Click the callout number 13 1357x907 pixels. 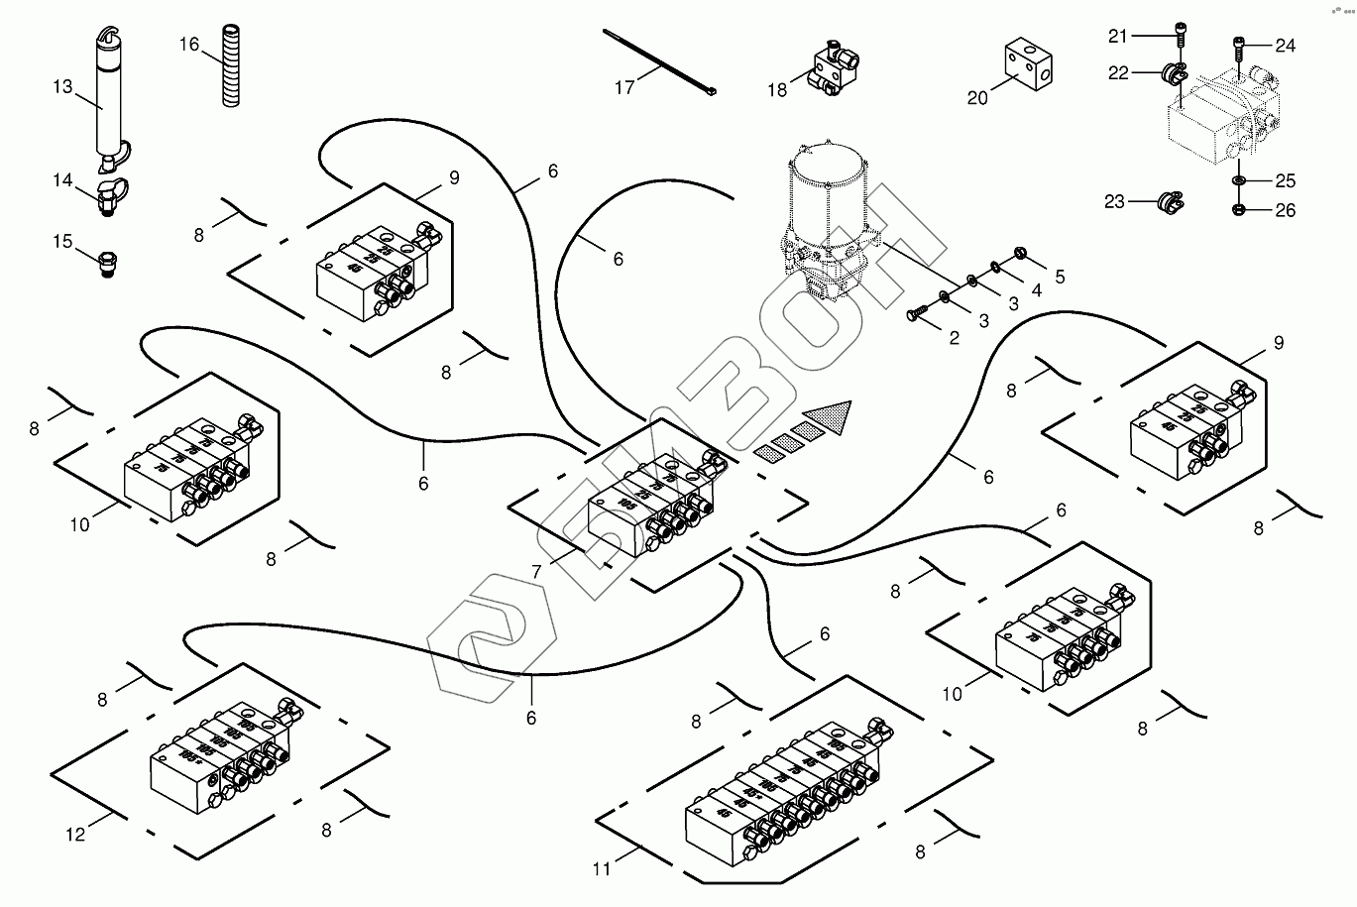click(x=62, y=87)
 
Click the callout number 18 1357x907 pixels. click(x=776, y=90)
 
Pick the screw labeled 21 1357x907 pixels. click(x=1179, y=36)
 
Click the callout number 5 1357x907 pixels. click(x=1060, y=278)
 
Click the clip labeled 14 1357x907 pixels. click(x=109, y=194)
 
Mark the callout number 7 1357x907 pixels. click(x=535, y=572)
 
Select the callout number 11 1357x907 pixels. click(x=601, y=870)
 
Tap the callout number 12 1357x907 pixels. click(x=76, y=835)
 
